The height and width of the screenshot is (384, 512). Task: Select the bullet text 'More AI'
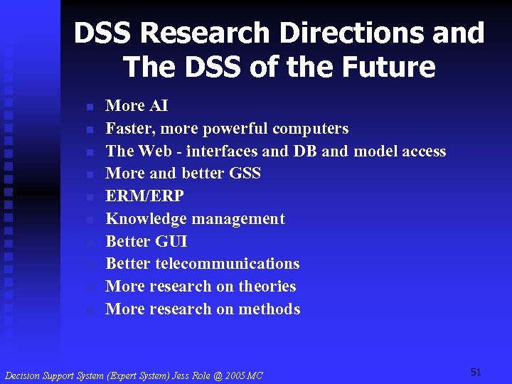pyautogui.click(x=137, y=106)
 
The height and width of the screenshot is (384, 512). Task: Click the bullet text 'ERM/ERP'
pyautogui.click(x=144, y=196)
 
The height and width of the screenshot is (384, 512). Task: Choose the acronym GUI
pyautogui.click(x=171, y=241)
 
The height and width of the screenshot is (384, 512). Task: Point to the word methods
pyautogui.click(x=270, y=309)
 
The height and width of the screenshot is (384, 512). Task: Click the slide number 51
pyautogui.click(x=476, y=372)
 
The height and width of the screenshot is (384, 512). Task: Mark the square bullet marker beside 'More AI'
pyautogui.click(x=90, y=107)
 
